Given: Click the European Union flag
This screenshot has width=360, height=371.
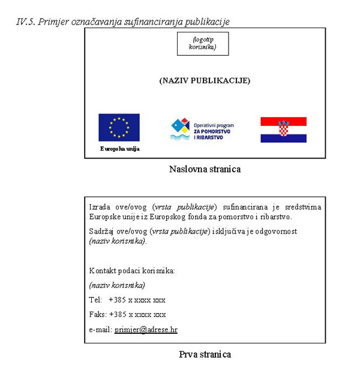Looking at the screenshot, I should coord(119,127).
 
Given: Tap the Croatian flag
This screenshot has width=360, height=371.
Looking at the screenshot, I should coord(283,130).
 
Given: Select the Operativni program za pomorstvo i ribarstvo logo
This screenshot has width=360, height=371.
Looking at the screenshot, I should coord(202,129).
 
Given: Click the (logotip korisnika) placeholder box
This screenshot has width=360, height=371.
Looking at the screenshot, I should coord(203,43).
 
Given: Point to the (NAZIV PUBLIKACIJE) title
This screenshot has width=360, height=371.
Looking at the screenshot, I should coord(205,80).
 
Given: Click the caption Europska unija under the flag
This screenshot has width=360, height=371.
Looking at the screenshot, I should coord(119,149).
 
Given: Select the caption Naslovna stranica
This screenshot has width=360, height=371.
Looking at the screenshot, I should coord(205,169).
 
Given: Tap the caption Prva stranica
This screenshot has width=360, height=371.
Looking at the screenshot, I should coord(205,354).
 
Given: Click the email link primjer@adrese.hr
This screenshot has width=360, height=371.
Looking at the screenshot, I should coord(146,330).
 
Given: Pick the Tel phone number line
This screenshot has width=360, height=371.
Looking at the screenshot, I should coord(127,300).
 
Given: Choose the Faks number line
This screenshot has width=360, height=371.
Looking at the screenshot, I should coord(127,314).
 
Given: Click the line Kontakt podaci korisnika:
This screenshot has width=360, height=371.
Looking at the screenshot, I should coord(132,271).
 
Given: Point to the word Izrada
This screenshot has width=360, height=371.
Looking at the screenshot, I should coord(99,207).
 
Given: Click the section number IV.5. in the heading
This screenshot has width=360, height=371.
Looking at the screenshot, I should coord(25,22).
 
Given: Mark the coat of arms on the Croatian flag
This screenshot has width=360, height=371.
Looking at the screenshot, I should coord(283,128).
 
